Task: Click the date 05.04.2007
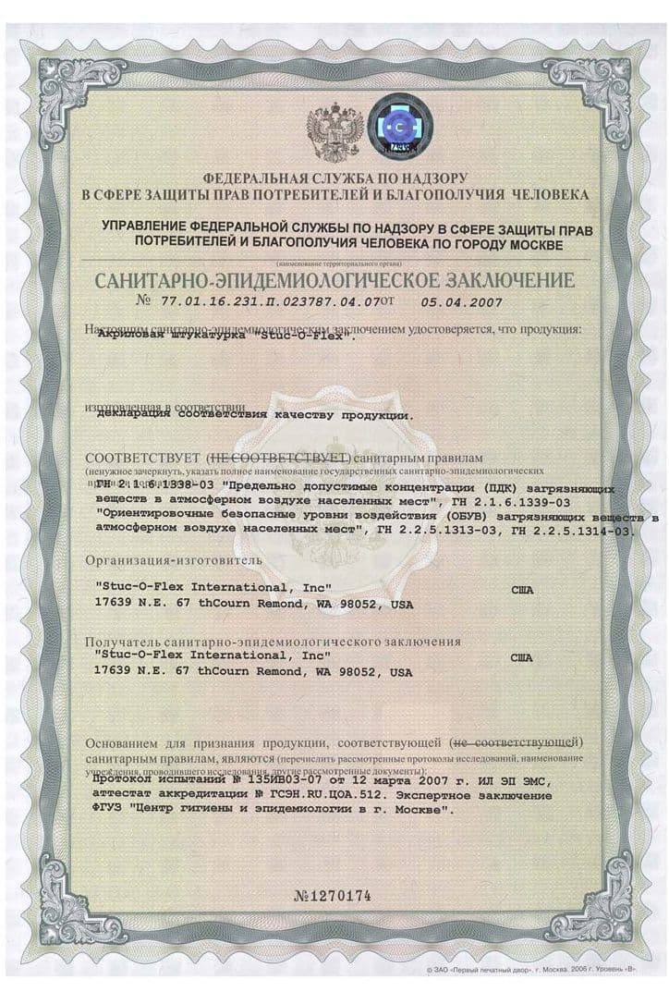tap(458, 300)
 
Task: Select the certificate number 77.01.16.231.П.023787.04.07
tap(258, 300)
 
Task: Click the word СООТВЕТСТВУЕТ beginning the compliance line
tap(142, 459)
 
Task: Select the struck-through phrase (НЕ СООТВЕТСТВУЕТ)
tap(277, 459)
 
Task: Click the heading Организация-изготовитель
tap(174, 559)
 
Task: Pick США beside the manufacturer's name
tap(522, 587)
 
